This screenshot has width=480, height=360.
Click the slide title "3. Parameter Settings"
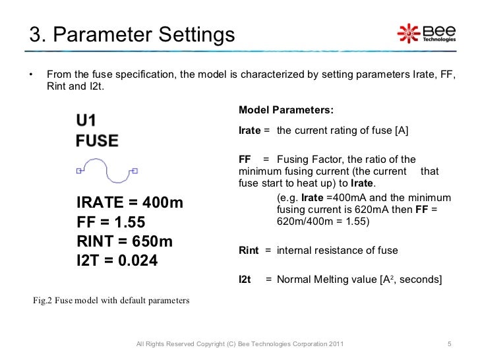pyautogui.click(x=131, y=34)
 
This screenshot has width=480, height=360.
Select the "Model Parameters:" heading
pyautogui.click(x=285, y=109)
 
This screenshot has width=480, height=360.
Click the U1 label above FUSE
pyautogui.click(x=86, y=121)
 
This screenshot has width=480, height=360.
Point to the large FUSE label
pyautogui.click(x=97, y=140)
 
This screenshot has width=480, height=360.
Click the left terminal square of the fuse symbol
pyautogui.click(x=78, y=171)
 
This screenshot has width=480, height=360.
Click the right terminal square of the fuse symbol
pyautogui.click(x=135, y=171)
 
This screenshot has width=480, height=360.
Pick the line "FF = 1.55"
pyautogui.click(x=111, y=222)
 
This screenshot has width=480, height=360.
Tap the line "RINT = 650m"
pyautogui.click(x=125, y=241)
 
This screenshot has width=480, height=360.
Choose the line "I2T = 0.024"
pyautogui.click(x=117, y=260)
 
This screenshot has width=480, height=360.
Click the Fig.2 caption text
pyautogui.click(x=111, y=301)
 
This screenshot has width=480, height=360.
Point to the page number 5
pyautogui.click(x=448, y=345)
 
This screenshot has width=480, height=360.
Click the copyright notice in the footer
pyautogui.click(x=239, y=345)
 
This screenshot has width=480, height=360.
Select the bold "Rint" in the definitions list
pyautogui.click(x=249, y=251)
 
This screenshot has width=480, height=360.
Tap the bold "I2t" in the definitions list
pyautogui.click(x=245, y=280)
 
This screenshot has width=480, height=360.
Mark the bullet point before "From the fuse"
pyautogui.click(x=31, y=73)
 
